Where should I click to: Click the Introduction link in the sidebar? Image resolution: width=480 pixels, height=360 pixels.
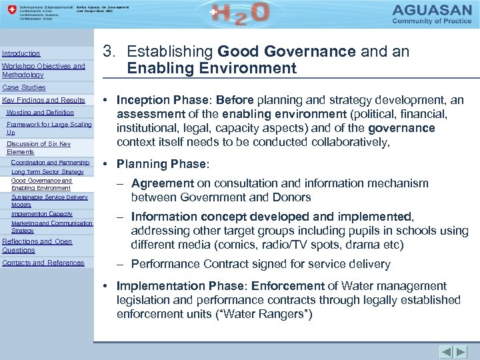tap(21, 53)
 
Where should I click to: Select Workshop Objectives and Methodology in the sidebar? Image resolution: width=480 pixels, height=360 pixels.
tap(43, 70)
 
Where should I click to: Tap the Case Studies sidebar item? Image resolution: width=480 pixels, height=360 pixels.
tap(24, 87)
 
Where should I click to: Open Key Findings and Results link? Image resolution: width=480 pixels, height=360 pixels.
tap(44, 100)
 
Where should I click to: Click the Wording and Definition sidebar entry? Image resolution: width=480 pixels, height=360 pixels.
tap(40, 113)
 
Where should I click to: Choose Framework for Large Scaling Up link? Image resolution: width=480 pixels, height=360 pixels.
tap(49, 128)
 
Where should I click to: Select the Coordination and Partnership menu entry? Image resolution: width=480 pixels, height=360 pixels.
tap(50, 163)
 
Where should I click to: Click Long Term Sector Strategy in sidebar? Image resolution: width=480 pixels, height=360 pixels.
tap(47, 172)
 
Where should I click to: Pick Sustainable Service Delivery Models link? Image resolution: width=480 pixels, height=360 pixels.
tap(49, 201)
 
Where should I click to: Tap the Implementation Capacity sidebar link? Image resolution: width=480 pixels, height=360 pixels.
tap(42, 214)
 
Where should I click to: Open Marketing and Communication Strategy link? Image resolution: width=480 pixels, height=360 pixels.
tap(51, 227)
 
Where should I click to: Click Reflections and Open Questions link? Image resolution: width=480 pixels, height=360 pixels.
tap(37, 245)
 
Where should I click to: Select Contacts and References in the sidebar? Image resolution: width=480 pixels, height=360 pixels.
tap(43, 263)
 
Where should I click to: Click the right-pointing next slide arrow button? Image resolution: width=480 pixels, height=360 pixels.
tap(461, 351)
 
